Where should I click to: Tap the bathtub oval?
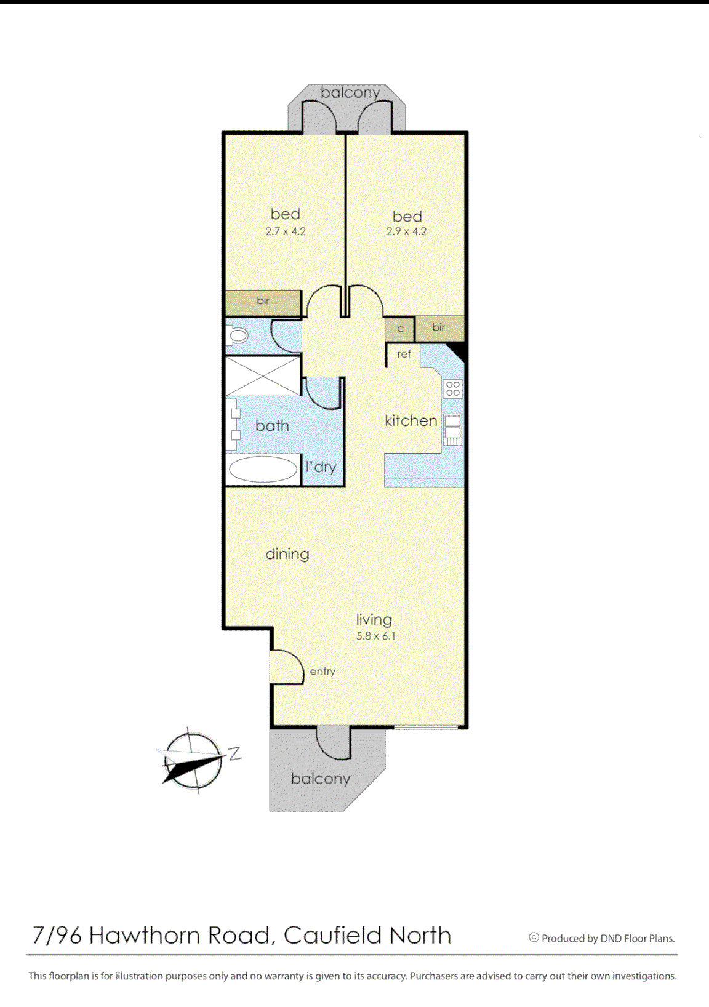[263, 469]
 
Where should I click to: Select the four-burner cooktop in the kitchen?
[453, 389]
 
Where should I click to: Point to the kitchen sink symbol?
[453, 429]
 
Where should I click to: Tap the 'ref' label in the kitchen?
[404, 355]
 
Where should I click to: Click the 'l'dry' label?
[321, 467]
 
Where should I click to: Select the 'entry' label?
[322, 672]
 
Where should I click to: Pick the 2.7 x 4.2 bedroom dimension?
[286, 231]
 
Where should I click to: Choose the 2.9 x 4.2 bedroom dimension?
[406, 231]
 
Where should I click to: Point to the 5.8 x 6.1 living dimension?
[376, 636]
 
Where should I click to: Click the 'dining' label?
[287, 554]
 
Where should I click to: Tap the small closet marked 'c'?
[399, 329]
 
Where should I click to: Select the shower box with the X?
[263, 376]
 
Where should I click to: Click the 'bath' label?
[272, 425]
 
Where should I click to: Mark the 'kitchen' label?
[411, 421]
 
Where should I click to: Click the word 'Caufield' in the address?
[332, 936]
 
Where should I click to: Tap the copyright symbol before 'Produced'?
[534, 937]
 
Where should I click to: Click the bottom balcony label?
[321, 779]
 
